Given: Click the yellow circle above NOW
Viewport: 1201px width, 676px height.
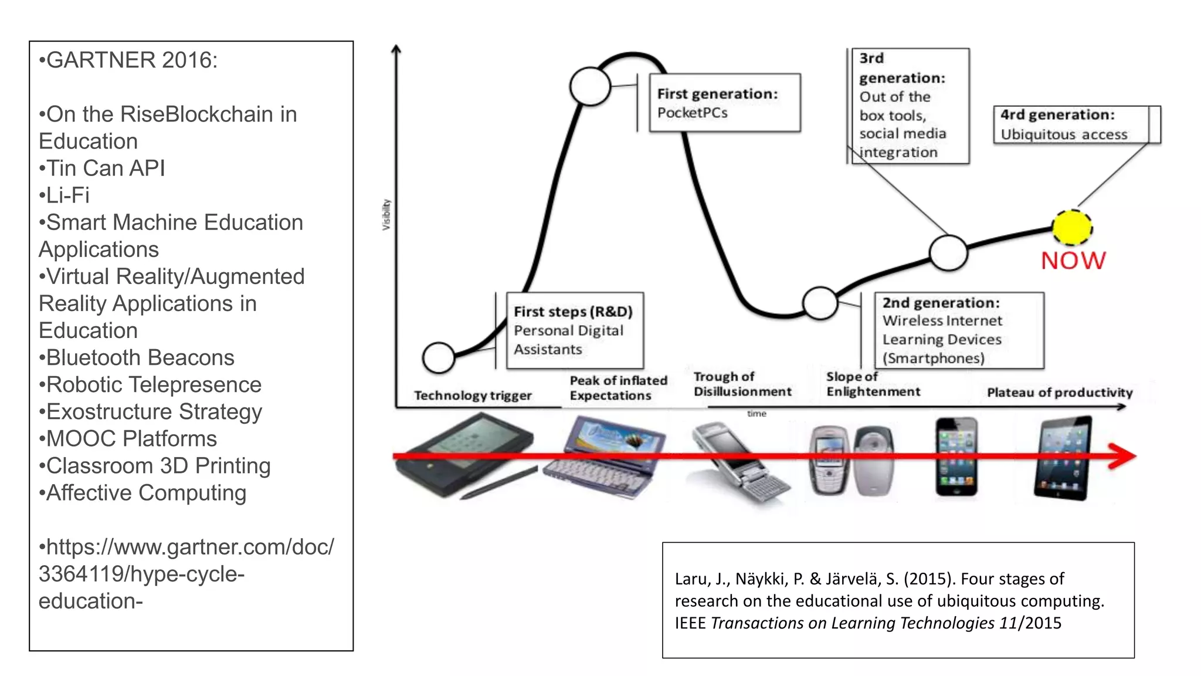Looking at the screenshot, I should (x=1072, y=228).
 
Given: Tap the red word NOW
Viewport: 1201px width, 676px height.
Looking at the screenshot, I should (x=1073, y=261).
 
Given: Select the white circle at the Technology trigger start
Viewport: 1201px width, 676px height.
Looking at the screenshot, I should (x=439, y=357).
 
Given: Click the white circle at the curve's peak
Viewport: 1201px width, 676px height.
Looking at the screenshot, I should (x=590, y=86).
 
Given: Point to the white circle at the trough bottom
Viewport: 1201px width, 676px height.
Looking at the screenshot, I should (x=820, y=303).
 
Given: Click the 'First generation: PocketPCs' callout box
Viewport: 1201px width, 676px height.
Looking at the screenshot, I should (x=725, y=103).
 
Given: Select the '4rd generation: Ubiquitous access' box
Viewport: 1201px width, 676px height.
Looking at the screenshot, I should (x=1076, y=124).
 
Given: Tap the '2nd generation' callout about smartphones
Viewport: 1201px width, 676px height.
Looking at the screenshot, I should (x=959, y=330).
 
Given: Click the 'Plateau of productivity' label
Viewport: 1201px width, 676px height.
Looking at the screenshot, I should (x=1060, y=392).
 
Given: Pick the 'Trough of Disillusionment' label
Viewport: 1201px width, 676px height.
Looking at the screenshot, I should (x=742, y=384).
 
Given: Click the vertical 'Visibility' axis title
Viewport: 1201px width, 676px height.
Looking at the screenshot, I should (x=386, y=214).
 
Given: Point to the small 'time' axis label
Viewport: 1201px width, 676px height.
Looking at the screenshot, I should (x=756, y=414).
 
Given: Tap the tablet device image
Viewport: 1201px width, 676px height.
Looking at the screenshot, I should (x=1063, y=458).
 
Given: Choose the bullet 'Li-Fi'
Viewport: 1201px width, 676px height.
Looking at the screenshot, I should (x=67, y=195).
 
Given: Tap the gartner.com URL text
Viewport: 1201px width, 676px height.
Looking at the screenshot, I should (x=186, y=573).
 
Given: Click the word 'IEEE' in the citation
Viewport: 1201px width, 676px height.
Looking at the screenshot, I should (x=690, y=623).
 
